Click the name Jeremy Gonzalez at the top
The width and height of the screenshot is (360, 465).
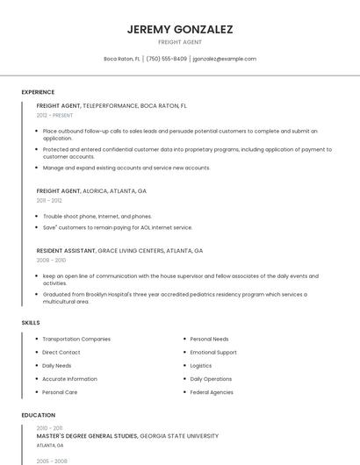click(179, 29)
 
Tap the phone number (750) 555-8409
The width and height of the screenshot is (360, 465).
click(167, 59)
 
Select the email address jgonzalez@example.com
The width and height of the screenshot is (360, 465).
click(225, 59)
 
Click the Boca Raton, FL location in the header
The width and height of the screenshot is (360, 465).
click(122, 59)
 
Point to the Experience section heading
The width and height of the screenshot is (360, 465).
click(38, 92)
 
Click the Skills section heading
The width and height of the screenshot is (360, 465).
click(31, 323)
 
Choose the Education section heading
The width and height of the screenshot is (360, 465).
click(39, 415)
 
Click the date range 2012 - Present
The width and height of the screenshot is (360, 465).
click(54, 115)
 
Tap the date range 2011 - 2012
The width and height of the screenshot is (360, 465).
click(49, 200)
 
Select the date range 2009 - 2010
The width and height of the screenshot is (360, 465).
click(51, 260)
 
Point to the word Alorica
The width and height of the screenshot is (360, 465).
click(97, 190)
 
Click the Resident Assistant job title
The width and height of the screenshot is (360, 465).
click(66, 250)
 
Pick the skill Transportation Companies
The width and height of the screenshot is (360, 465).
click(76, 339)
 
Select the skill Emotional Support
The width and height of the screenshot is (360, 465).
click(213, 352)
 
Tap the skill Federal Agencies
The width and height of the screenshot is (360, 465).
click(212, 392)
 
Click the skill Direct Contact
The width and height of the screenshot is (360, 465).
click(61, 352)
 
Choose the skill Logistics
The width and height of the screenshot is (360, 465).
click(201, 365)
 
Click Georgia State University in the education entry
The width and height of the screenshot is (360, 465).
click(179, 436)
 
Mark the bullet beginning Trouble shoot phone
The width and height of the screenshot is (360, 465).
click(97, 216)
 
